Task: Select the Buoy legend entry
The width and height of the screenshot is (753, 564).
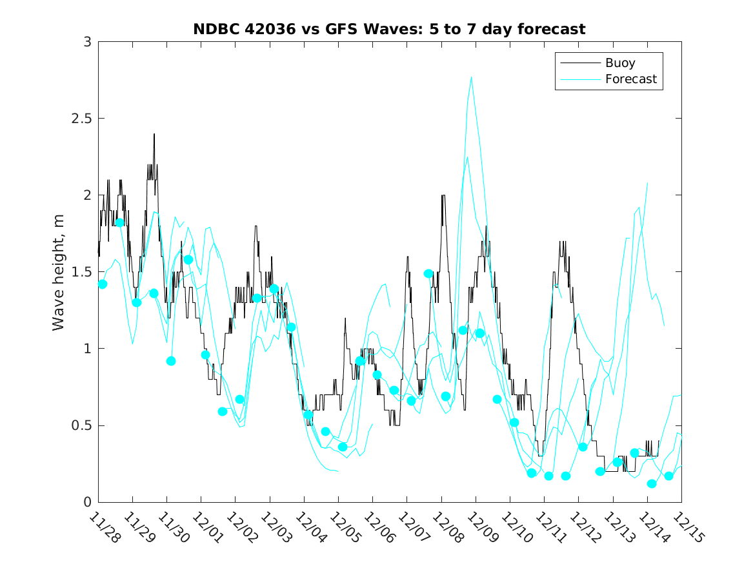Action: [x=619, y=63]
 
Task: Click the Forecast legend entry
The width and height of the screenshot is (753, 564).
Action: [x=630, y=79]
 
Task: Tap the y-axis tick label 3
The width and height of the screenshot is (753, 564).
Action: [x=86, y=42]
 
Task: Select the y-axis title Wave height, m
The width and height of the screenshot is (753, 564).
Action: [x=59, y=272]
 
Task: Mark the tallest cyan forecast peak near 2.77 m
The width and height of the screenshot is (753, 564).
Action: [x=472, y=77]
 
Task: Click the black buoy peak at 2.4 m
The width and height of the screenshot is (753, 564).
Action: [x=154, y=134]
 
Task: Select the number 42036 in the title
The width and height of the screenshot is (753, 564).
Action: [x=266, y=29]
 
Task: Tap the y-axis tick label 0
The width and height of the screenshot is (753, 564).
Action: [x=86, y=502]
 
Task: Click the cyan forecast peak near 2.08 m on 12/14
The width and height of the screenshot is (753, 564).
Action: [x=647, y=183]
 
